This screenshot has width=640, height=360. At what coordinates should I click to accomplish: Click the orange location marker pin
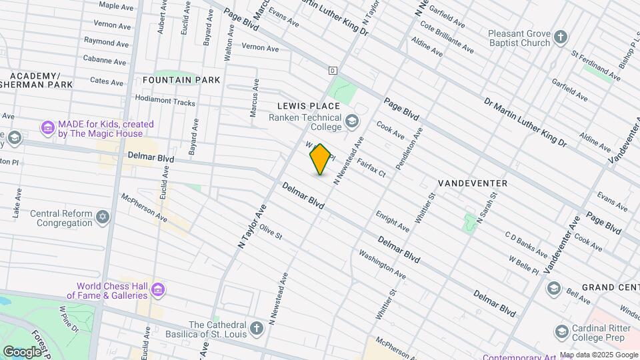tap(321, 159)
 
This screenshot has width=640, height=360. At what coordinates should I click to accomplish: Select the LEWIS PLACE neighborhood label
tap(309, 106)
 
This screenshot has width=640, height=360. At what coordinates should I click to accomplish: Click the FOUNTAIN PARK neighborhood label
tap(181, 80)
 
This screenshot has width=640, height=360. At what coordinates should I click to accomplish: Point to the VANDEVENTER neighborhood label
tap(473, 183)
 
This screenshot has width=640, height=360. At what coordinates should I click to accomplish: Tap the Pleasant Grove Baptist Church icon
tap(561, 37)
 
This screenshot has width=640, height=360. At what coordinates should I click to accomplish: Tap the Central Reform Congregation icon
tap(102, 218)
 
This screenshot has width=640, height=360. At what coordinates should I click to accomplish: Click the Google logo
tap(22, 351)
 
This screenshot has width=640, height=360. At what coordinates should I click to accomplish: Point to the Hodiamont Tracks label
tap(165, 103)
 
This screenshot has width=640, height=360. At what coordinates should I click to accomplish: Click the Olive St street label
tap(271, 232)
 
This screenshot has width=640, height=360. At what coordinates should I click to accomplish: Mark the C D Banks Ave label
tap(526, 245)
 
